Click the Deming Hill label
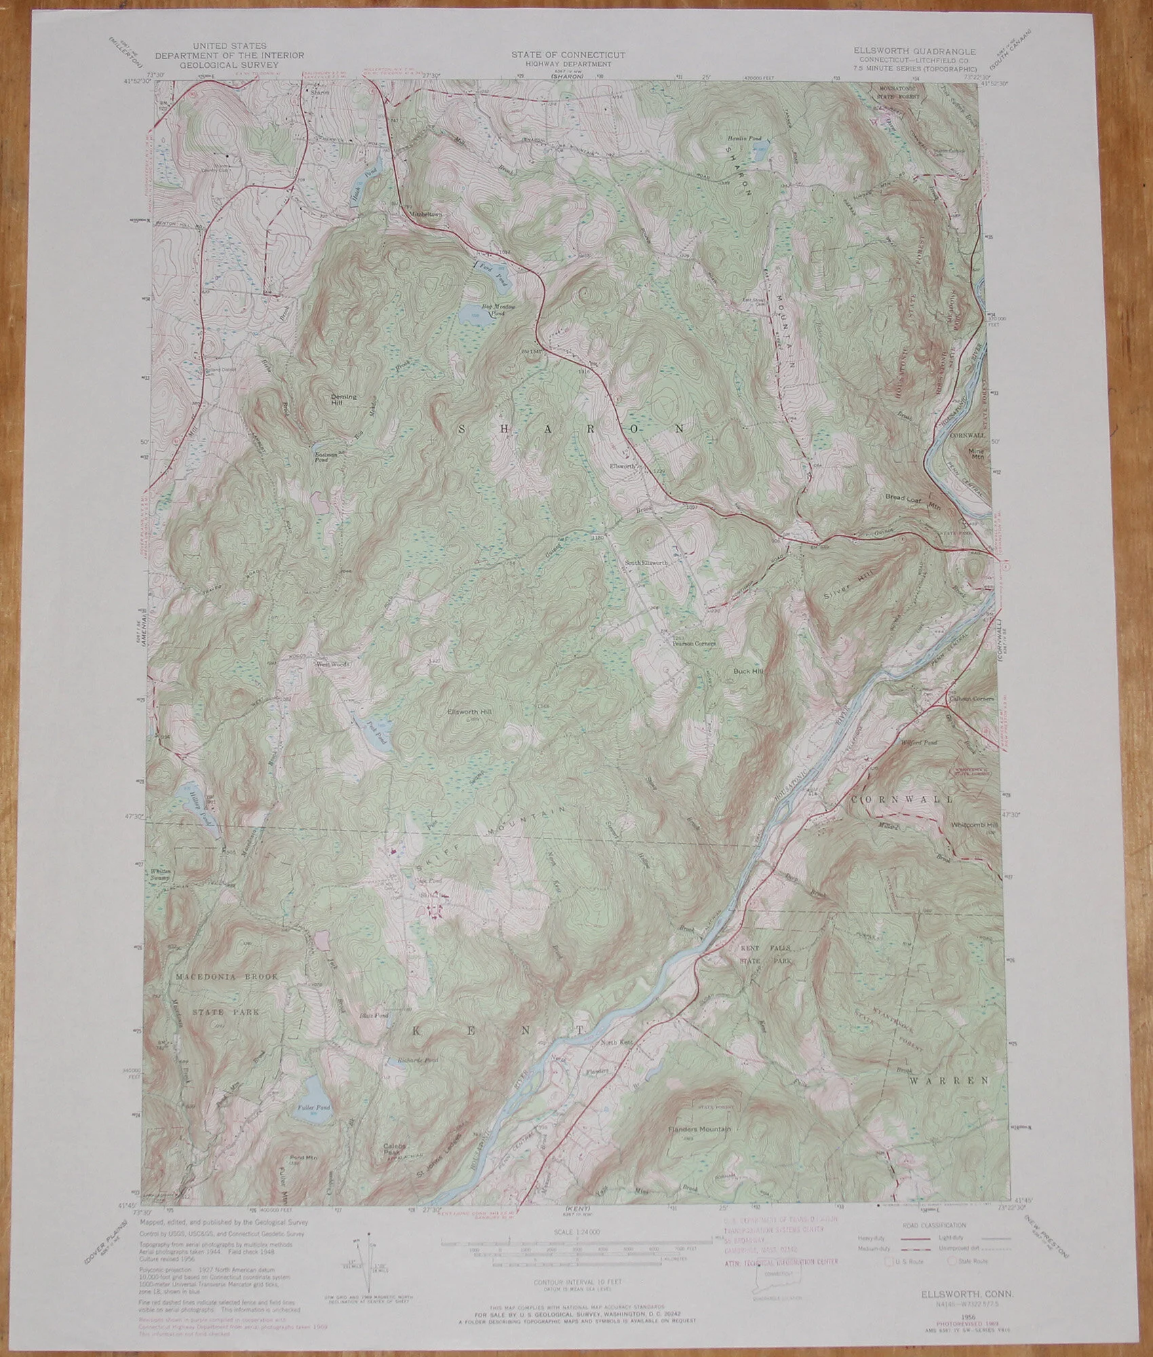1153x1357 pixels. click(343, 399)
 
